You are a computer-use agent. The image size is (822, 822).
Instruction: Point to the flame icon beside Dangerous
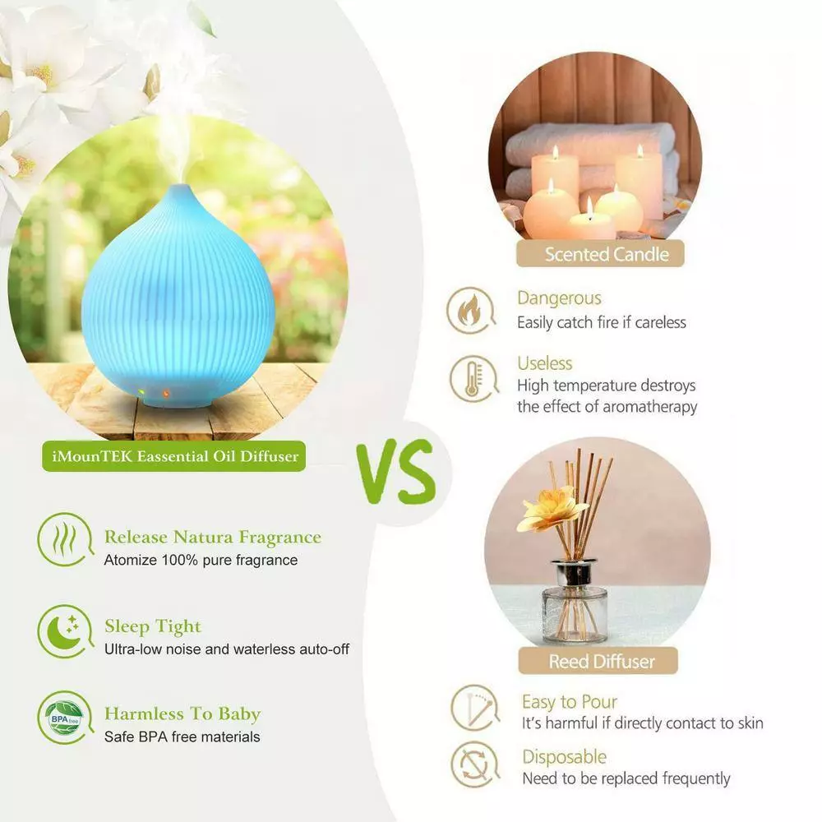pyautogui.click(x=472, y=310)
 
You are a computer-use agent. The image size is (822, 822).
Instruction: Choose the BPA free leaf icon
pyautogui.click(x=64, y=717)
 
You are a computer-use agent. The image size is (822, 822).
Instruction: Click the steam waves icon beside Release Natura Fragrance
pyautogui.click(x=64, y=539)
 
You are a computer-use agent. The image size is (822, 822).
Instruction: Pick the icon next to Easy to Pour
pyautogui.click(x=474, y=708)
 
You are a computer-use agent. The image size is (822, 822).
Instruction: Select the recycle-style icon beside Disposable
pyautogui.click(x=474, y=764)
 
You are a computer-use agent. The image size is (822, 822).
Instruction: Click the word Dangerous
pyautogui.click(x=559, y=298)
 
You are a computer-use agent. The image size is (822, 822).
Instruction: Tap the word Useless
pyautogui.click(x=544, y=363)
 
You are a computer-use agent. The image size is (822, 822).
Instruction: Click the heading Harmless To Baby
pyautogui.click(x=182, y=713)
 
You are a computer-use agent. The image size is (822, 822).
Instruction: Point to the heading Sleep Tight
pyautogui.click(x=152, y=626)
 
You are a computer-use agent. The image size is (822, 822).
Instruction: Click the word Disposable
pyautogui.click(x=564, y=756)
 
